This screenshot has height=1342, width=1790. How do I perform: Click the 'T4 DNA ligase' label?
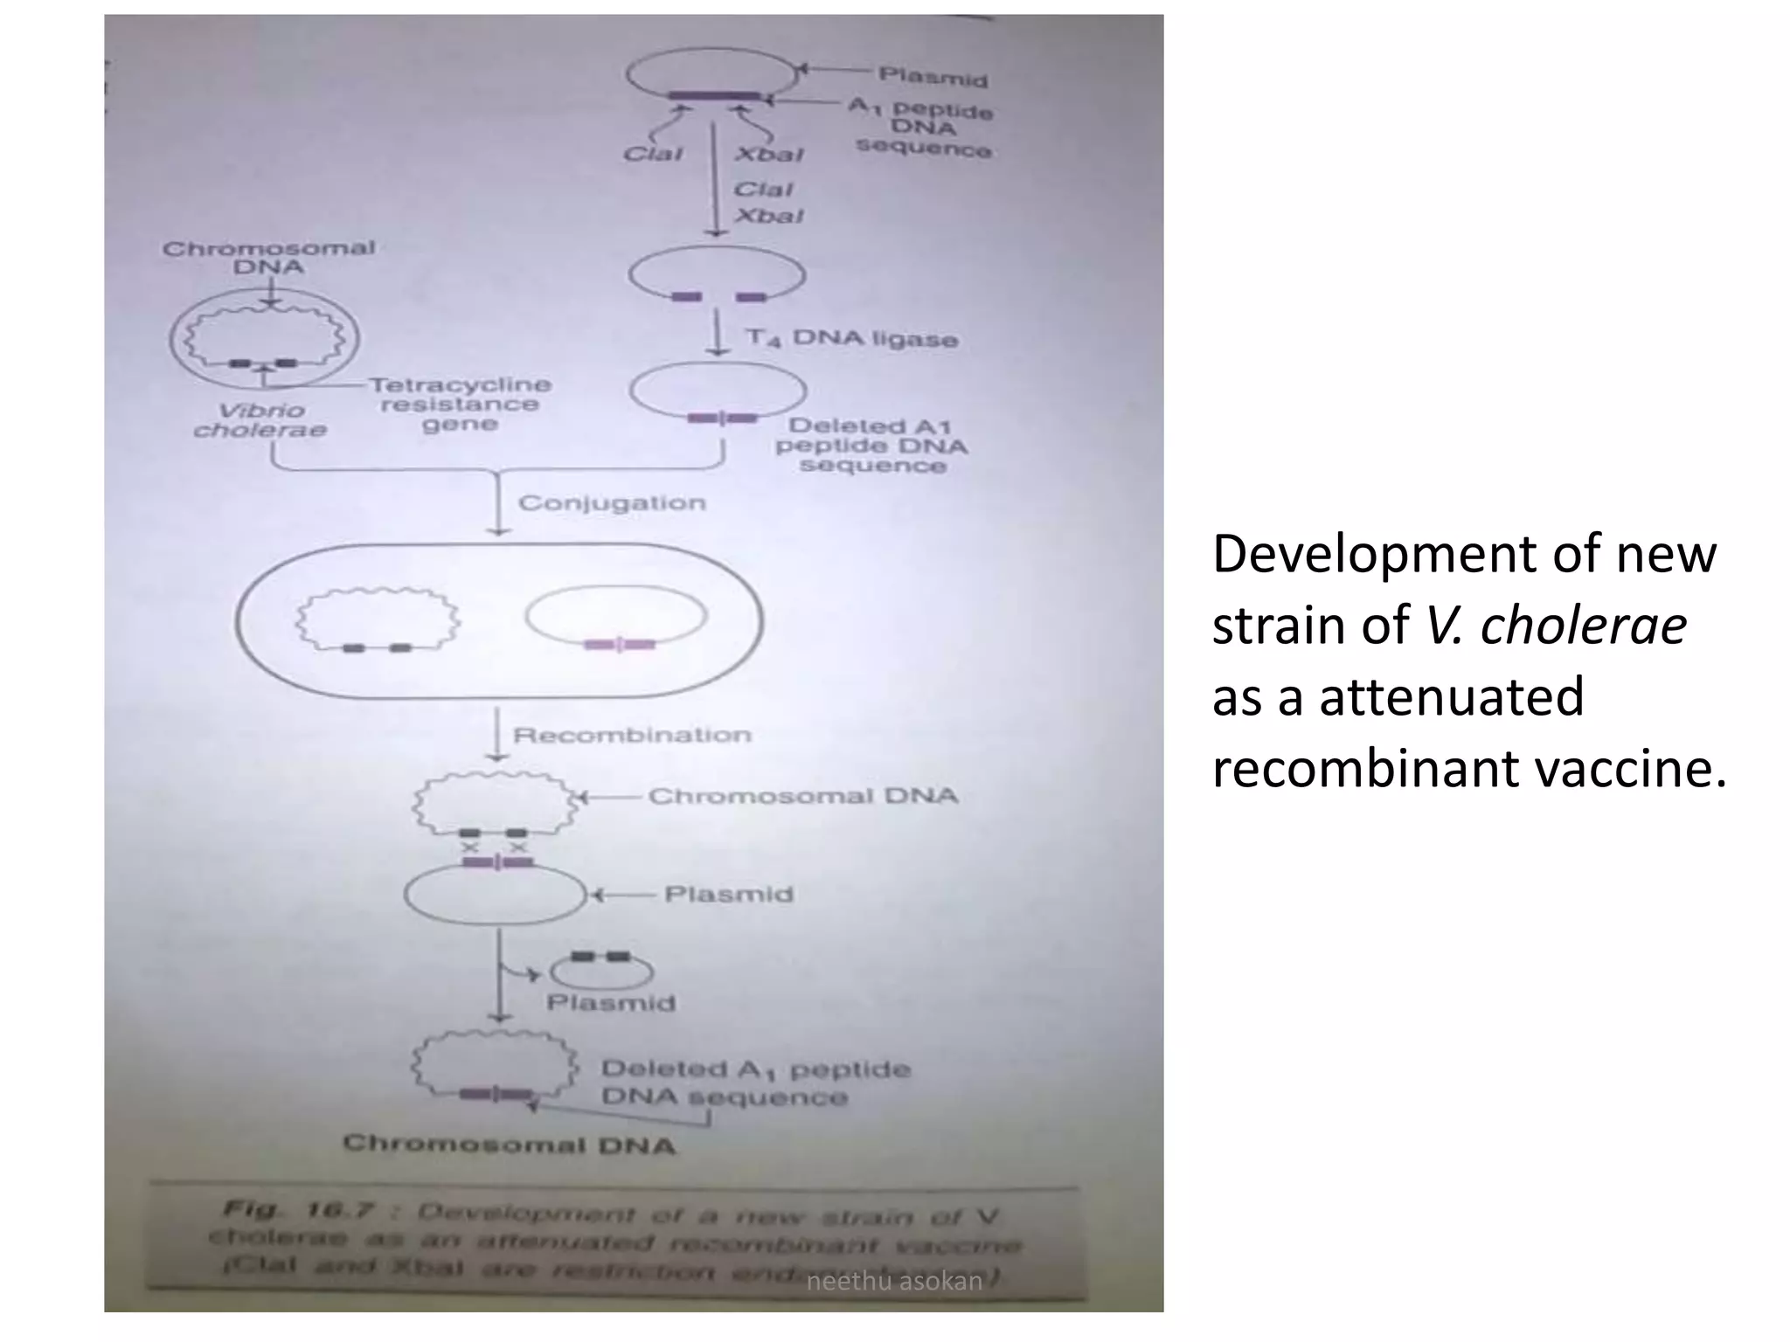852,337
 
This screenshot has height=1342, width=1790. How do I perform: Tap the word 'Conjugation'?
612,503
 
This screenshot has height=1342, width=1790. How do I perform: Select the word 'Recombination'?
632,735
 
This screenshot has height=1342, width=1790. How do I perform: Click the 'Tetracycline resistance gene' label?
460,405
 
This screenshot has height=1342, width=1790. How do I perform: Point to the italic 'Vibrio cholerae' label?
260,420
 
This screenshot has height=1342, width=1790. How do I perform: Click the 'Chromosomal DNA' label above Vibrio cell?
268,257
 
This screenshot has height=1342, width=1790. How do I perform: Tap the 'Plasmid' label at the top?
933,77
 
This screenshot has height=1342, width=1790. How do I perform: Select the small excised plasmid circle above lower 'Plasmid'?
601,969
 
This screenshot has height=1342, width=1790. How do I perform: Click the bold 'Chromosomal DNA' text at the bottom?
510,1144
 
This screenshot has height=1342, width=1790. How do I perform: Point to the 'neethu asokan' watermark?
894,1281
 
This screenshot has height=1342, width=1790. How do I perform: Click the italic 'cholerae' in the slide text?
1556,626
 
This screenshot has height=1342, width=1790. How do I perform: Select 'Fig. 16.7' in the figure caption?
298,1211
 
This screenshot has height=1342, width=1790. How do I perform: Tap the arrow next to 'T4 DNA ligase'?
718,335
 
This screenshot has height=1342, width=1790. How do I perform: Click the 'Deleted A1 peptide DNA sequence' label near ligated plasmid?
871,446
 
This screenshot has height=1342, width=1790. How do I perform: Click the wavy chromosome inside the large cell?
378,619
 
